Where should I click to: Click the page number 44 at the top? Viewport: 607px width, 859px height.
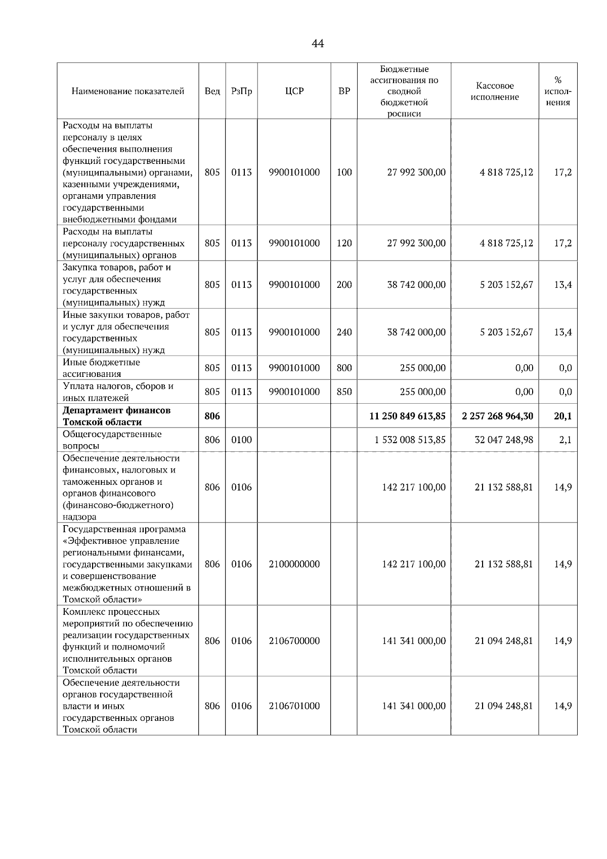tap(318, 44)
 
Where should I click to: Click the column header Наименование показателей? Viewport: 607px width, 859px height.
tap(127, 92)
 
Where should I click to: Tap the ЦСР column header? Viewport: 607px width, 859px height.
tap(294, 92)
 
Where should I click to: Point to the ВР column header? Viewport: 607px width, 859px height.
tap(344, 92)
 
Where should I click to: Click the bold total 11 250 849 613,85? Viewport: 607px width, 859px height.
tap(407, 416)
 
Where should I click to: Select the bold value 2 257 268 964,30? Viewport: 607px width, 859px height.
tap(497, 416)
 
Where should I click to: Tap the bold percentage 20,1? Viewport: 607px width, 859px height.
tap(562, 416)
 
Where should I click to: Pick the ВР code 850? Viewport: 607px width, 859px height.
tap(344, 392)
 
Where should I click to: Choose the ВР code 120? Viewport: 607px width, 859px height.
tap(344, 243)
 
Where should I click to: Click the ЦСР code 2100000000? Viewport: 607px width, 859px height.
tap(294, 564)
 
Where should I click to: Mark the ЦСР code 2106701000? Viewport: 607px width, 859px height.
tap(294, 706)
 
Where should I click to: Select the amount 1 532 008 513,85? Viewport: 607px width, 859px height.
tap(410, 440)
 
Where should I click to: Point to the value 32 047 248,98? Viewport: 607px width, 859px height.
tap(503, 440)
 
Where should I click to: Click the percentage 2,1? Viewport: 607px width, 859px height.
tap(565, 440)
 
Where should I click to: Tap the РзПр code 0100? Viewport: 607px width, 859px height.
tap(241, 440)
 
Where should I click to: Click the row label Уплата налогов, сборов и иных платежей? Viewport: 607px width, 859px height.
tap(118, 392)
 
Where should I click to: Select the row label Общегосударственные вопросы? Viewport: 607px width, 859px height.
tap(112, 440)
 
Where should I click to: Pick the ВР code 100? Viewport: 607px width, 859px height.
tap(344, 172)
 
